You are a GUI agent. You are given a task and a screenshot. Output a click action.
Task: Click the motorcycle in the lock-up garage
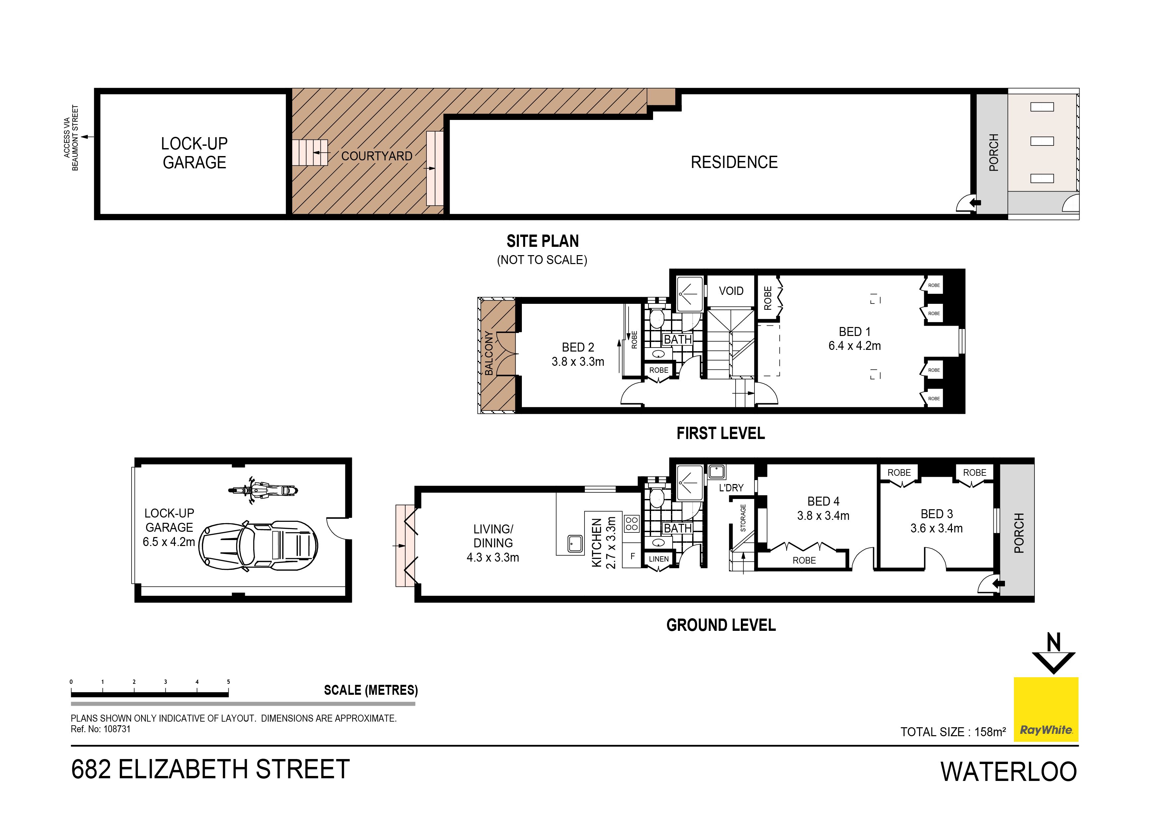click(263, 490)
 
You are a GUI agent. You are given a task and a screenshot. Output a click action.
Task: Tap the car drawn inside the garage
click(258, 546)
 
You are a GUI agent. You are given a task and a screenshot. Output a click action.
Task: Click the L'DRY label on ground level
click(731, 488)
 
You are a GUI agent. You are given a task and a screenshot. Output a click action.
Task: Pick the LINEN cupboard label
click(658, 559)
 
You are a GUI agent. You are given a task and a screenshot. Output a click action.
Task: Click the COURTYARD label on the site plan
click(376, 156)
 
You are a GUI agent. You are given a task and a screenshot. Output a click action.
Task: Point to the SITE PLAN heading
click(542, 241)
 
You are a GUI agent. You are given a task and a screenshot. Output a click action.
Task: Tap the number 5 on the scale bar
click(228, 682)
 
